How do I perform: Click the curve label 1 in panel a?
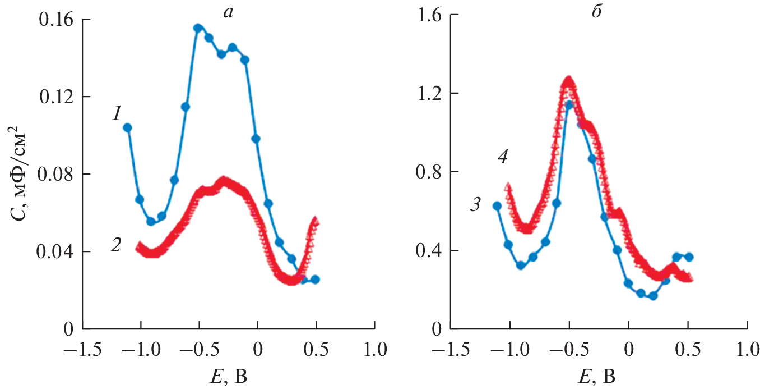click(117, 115)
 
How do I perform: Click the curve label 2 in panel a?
click(115, 245)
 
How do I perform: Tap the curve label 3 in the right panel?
click(475, 205)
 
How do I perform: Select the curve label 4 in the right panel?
click(503, 158)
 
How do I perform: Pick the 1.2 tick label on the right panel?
click(427, 93)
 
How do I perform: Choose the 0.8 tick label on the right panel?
click(427, 172)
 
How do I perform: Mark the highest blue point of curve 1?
click(198, 28)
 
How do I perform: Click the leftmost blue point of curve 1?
click(128, 128)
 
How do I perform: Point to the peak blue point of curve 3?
click(569, 105)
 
